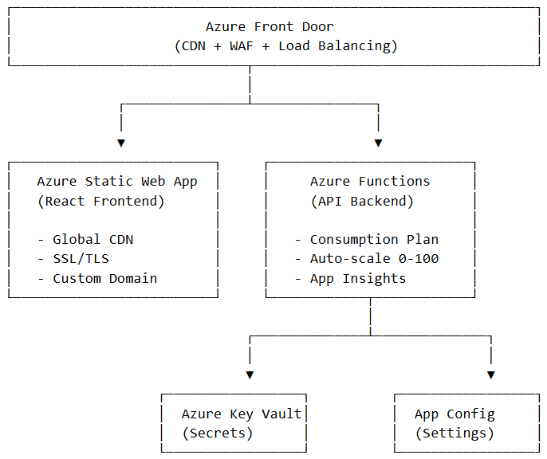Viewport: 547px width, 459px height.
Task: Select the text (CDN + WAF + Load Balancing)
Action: (x=285, y=46)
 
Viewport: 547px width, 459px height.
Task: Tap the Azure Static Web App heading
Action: (x=117, y=182)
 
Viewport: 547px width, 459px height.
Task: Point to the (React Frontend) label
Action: (x=101, y=202)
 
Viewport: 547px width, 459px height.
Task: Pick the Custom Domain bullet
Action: (x=96, y=279)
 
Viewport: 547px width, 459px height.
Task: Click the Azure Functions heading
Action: (x=370, y=182)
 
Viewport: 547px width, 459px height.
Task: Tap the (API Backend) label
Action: (x=362, y=202)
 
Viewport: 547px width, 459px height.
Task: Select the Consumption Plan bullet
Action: (x=366, y=240)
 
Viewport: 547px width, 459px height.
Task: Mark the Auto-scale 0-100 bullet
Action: (x=366, y=259)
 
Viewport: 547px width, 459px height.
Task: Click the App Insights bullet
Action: (x=350, y=279)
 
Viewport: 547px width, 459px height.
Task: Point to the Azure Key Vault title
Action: (x=242, y=414)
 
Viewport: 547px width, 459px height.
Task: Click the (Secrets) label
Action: (x=218, y=433)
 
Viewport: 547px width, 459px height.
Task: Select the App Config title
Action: (x=455, y=414)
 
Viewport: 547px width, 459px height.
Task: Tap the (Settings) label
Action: (x=455, y=433)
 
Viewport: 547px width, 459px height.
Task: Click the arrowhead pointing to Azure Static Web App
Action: (x=121, y=143)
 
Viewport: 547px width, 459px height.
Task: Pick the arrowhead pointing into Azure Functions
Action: (x=378, y=143)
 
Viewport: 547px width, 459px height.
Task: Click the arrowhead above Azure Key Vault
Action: (x=250, y=375)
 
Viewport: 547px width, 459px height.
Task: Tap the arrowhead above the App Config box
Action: (x=490, y=375)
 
